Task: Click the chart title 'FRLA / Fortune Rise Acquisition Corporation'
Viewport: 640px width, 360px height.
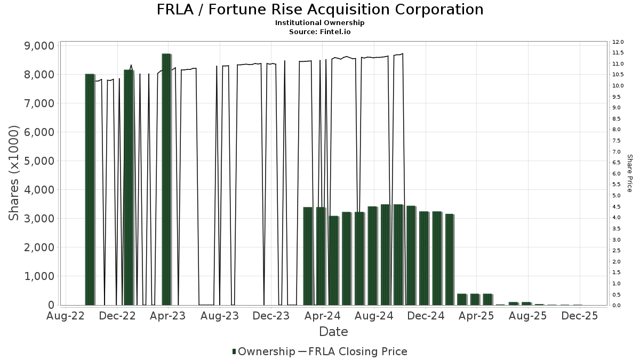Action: point(320,10)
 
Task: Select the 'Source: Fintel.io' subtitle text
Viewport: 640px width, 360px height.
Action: point(320,32)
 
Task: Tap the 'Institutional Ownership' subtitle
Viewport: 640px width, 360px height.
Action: point(320,23)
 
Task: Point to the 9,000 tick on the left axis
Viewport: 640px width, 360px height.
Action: point(39,46)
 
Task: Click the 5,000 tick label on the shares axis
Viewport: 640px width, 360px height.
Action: point(39,161)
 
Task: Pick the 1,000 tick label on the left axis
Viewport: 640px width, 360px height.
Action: point(39,276)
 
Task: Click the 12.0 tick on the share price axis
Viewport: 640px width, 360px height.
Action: point(618,42)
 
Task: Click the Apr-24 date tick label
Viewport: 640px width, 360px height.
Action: point(322,316)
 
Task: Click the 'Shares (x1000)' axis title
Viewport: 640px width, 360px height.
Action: point(14,173)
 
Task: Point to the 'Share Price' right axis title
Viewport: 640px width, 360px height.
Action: point(629,173)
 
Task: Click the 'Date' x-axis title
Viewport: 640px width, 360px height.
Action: point(333,332)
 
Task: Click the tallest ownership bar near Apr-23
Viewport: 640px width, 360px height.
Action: point(166,179)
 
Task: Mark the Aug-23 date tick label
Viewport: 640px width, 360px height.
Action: point(220,316)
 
